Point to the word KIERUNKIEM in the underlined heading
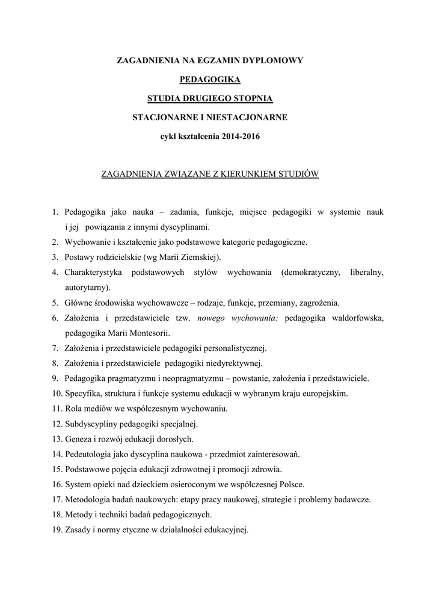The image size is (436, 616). [249, 174]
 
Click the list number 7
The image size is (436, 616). [55, 348]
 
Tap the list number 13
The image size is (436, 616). [57, 439]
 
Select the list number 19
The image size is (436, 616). [57, 530]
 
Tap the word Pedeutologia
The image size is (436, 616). [88, 454]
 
